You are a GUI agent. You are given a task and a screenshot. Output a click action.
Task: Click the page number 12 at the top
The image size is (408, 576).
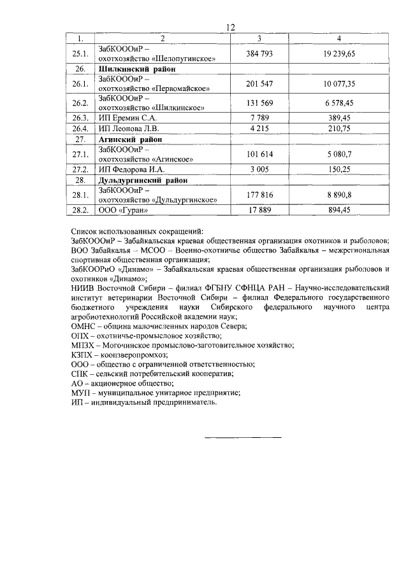point(230,27)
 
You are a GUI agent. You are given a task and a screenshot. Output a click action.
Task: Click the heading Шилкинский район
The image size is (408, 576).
point(137,68)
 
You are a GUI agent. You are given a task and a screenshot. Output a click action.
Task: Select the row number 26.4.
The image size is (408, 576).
point(80,129)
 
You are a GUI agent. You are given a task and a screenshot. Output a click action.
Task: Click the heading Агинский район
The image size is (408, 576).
point(131,139)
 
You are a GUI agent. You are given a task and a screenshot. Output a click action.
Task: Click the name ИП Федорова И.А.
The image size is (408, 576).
point(132,169)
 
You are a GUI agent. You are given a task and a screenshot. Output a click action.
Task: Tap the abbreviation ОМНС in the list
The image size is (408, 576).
point(84,326)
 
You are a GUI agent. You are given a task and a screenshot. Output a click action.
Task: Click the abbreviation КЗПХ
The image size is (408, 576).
point(83,355)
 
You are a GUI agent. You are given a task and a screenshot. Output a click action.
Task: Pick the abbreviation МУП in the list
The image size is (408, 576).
point(82,393)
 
